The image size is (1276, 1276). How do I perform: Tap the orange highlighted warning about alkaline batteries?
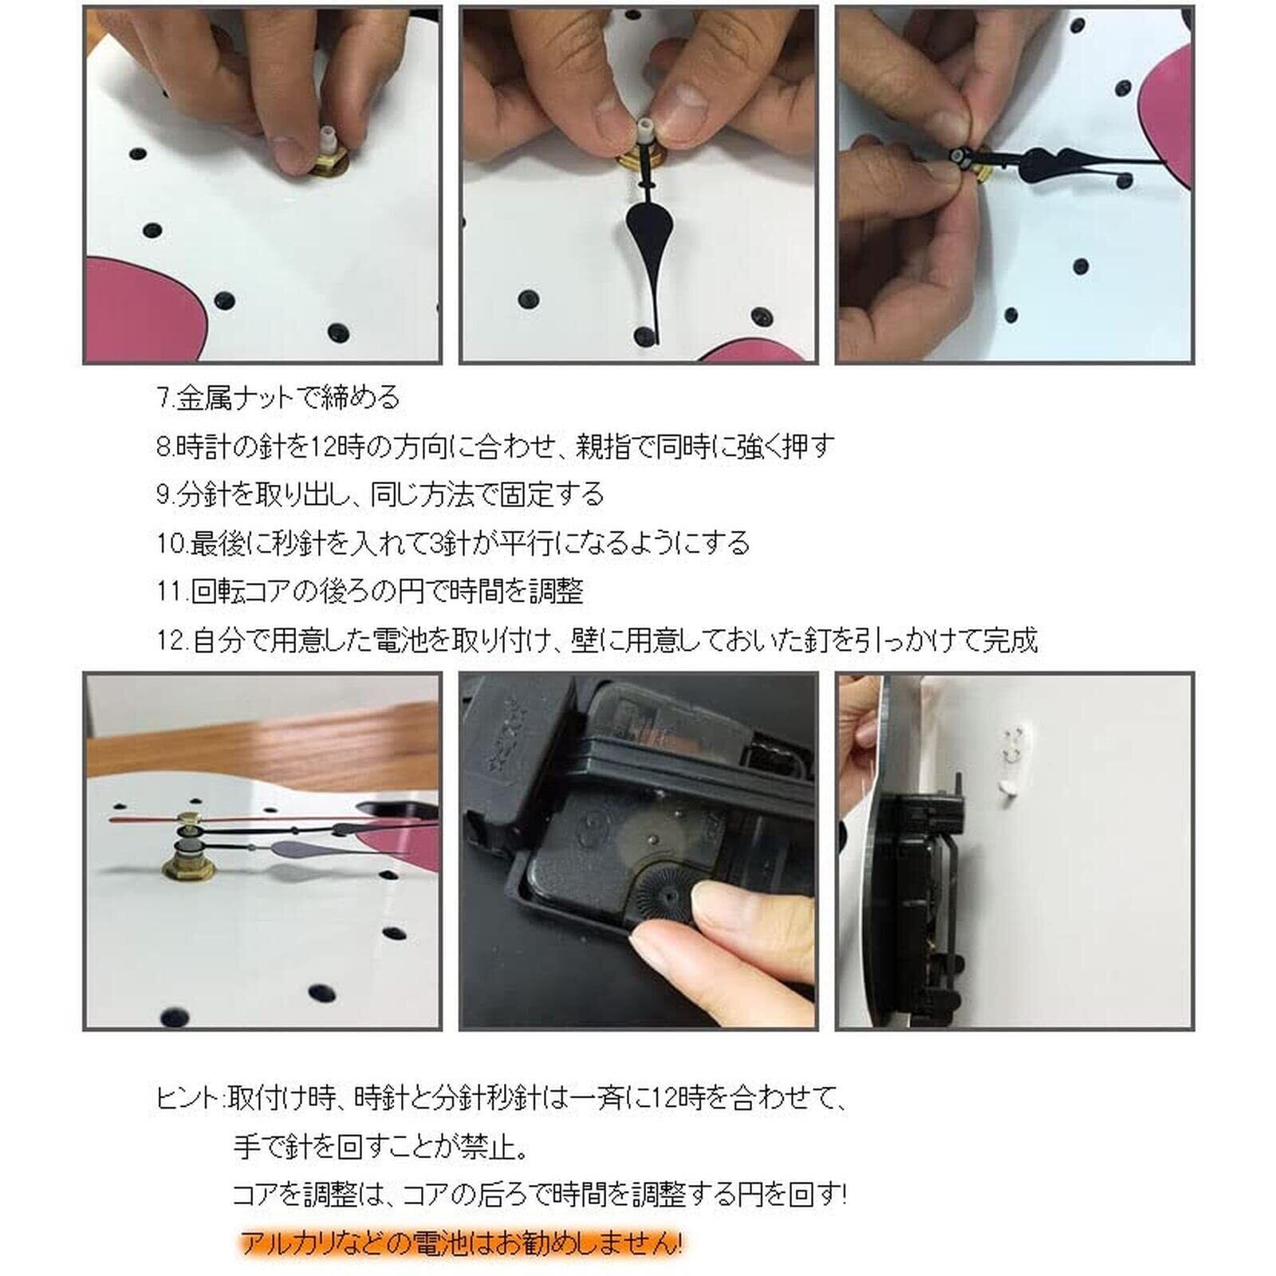pyautogui.click(x=462, y=1243)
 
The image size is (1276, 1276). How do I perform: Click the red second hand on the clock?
pyautogui.click(x=148, y=820)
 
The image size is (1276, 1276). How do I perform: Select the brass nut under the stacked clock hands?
pyautogui.click(x=188, y=867)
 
